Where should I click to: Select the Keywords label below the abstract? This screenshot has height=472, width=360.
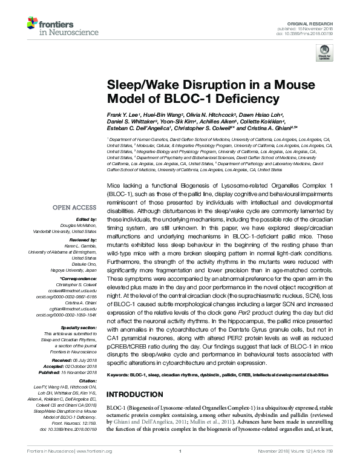pyautogui.click(x=119, y=375)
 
